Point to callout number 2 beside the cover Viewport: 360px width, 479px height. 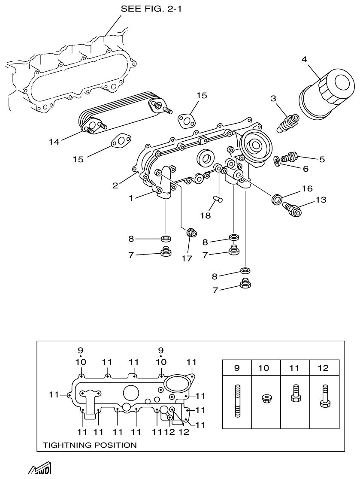coord(115,185)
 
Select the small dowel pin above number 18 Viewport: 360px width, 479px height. coord(217,198)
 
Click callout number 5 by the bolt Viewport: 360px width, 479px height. coord(321,159)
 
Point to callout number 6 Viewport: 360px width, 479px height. coord(306,169)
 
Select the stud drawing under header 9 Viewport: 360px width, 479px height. coord(237,402)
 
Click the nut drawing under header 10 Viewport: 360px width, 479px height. coord(266,398)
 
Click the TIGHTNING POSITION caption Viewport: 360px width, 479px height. coord(90,445)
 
